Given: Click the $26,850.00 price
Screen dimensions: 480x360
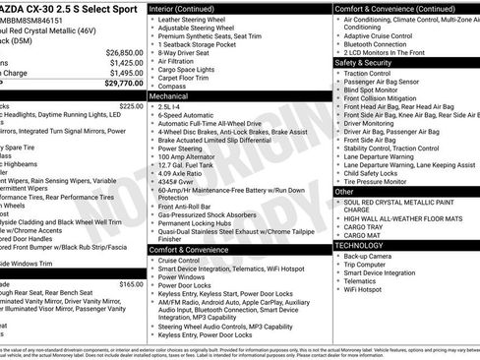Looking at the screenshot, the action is coord(124,52).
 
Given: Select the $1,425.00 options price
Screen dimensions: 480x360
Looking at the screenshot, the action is coord(126,63).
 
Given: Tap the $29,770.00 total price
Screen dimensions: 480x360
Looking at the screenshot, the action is coord(124,84).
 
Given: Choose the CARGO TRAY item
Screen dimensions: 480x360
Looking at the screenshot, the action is coord(363,227).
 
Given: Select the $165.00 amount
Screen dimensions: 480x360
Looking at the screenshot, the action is coord(131,283).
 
